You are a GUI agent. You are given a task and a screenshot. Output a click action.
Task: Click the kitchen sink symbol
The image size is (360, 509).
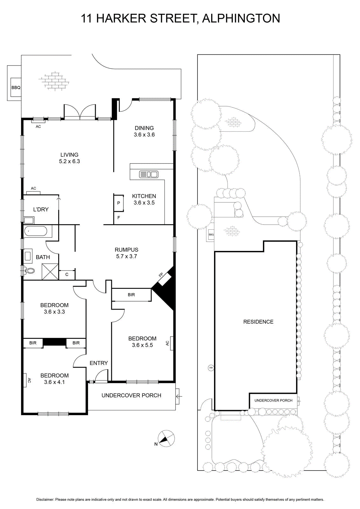click(x=149, y=175)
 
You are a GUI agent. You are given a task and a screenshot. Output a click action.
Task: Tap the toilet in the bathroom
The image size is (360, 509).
click(x=30, y=271)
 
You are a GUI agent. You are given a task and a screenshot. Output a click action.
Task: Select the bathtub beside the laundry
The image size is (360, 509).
click(x=36, y=232)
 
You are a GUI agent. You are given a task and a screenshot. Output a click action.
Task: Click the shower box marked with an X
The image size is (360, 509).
click(x=50, y=272)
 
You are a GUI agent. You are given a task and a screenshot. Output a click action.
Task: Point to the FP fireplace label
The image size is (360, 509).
click(x=161, y=275)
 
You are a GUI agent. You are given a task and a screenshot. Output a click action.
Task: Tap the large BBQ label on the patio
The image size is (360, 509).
click(x=16, y=87)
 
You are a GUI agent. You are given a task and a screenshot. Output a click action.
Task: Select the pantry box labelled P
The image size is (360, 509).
click(x=119, y=203)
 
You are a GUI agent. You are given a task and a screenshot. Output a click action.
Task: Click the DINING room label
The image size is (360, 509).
click(x=144, y=128)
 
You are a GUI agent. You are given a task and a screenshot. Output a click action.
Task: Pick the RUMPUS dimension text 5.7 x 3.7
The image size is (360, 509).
click(x=127, y=256)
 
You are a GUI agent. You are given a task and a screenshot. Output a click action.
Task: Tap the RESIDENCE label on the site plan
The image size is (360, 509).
click(x=258, y=322)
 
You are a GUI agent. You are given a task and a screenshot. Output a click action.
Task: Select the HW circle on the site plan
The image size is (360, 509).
click(x=211, y=368)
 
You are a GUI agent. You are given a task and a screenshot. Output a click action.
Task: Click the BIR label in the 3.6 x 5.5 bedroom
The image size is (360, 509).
click(x=131, y=295)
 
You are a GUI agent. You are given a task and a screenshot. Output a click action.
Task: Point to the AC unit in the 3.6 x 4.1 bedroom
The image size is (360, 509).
click(x=25, y=380)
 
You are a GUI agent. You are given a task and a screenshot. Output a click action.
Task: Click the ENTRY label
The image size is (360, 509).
click(x=99, y=363)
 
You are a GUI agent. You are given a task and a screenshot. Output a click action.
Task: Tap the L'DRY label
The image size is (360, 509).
click(x=41, y=209)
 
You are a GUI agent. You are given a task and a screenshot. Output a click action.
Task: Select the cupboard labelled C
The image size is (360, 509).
click(x=67, y=275)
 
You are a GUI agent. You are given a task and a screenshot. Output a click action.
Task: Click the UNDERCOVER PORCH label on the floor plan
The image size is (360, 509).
click(x=131, y=395)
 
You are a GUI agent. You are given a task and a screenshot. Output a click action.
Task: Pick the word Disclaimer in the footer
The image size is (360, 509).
click(x=45, y=499)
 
